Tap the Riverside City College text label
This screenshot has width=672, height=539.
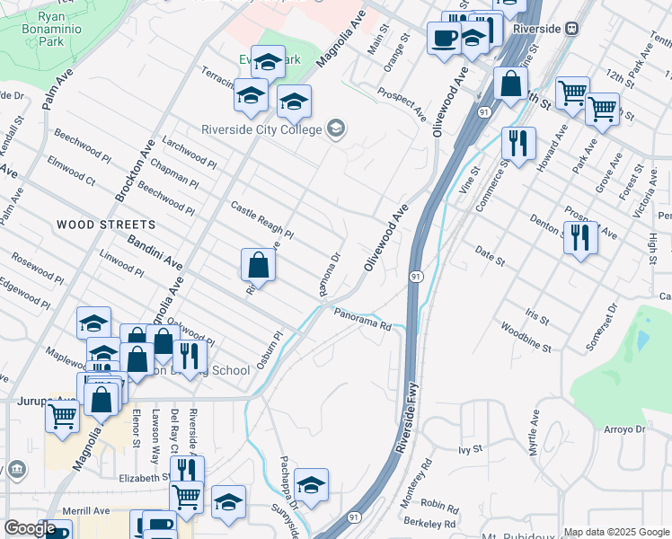tap(261, 130)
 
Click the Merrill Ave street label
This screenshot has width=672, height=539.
tap(87, 510)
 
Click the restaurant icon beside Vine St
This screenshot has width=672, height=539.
tap(517, 142)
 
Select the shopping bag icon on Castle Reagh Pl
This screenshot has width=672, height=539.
tap(258, 264)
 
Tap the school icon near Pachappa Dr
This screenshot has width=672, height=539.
tap(311, 485)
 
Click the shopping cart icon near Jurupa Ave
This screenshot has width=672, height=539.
tap(61, 416)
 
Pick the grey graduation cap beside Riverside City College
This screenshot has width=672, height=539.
tap(336, 129)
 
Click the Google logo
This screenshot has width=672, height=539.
tap(30, 529)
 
